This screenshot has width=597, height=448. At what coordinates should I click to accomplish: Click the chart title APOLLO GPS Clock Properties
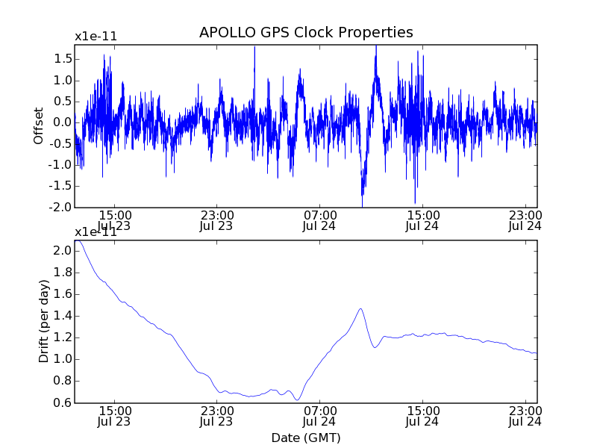click(x=306, y=33)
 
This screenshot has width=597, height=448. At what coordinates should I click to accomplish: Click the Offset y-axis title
click(x=39, y=125)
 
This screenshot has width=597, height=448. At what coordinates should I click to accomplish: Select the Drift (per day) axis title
click(x=44, y=321)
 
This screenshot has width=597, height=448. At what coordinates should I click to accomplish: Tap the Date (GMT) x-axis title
click(x=306, y=438)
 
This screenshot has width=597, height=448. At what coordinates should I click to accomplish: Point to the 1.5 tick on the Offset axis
click(x=63, y=58)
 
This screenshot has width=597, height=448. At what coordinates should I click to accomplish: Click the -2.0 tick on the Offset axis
click(x=61, y=207)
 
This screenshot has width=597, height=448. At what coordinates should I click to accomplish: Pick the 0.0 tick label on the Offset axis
click(x=63, y=122)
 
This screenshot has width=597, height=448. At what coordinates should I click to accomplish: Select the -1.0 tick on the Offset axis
click(x=61, y=165)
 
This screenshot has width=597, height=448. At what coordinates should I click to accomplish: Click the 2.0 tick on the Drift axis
click(x=63, y=250)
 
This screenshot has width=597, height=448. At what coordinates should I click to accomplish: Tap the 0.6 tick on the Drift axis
click(x=63, y=402)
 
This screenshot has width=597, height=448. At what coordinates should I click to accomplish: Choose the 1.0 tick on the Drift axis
click(x=63, y=359)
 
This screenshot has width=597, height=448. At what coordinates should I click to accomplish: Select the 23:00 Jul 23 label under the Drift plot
click(x=216, y=415)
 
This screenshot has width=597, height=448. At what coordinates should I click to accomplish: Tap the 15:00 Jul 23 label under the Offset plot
click(x=114, y=220)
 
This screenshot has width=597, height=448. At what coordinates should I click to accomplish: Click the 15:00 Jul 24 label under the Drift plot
click(x=422, y=415)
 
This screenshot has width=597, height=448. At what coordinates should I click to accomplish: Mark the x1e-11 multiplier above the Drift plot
click(x=96, y=231)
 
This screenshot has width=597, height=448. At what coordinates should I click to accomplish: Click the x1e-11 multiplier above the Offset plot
click(x=96, y=37)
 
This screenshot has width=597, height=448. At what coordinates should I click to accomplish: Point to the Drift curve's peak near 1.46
click(x=360, y=308)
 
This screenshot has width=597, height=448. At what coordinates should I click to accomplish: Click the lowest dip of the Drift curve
click(x=297, y=400)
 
